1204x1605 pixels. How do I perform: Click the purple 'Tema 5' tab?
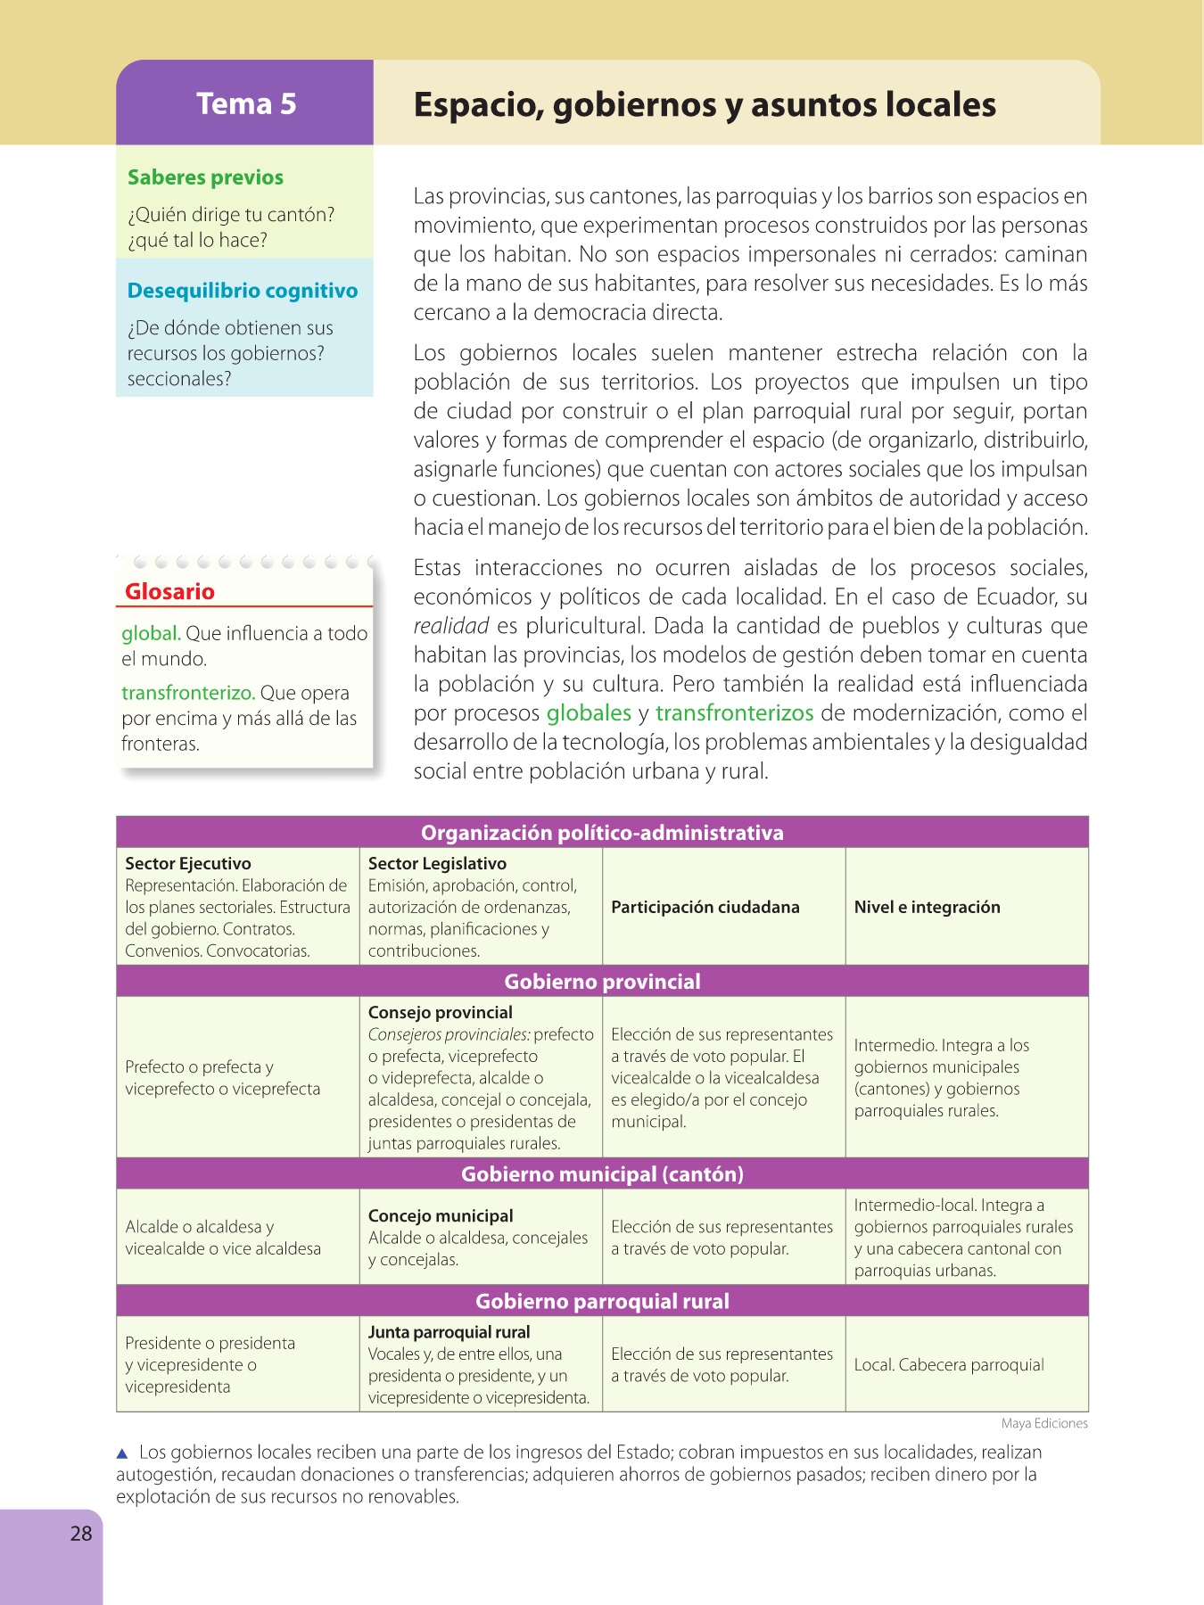pyautogui.click(x=245, y=103)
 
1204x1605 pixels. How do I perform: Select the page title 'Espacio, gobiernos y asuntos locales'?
pyautogui.click(x=705, y=104)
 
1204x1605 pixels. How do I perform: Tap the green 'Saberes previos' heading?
pyautogui.click(x=205, y=177)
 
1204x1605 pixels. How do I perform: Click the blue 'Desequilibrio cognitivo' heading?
pyautogui.click(x=242, y=291)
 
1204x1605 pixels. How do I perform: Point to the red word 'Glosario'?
pyautogui.click(x=169, y=591)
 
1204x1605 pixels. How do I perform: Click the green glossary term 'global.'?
pyautogui.click(x=151, y=633)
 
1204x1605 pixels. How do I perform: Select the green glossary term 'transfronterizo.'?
pyautogui.click(x=188, y=693)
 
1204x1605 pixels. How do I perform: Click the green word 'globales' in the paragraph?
pyautogui.click(x=589, y=713)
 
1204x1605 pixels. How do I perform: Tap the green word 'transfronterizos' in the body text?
pyautogui.click(x=734, y=713)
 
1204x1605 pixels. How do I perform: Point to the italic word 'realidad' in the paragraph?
pyautogui.click(x=451, y=626)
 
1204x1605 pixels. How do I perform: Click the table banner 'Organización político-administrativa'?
pyautogui.click(x=602, y=833)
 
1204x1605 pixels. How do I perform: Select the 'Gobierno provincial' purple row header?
pyautogui.click(x=602, y=982)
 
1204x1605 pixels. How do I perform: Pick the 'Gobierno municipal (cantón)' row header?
pyautogui.click(x=602, y=1174)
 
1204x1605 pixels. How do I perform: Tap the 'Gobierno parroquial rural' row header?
pyautogui.click(x=602, y=1301)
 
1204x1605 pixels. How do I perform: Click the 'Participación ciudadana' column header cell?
pyautogui.click(x=705, y=907)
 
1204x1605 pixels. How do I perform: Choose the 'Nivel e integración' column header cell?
pyautogui.click(x=928, y=907)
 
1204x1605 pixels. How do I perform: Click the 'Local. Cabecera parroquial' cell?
pyautogui.click(x=949, y=1365)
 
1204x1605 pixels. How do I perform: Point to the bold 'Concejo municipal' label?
pyautogui.click(x=441, y=1216)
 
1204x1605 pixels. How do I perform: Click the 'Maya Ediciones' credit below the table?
pyautogui.click(x=1044, y=1424)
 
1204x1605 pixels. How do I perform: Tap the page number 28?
pyautogui.click(x=81, y=1534)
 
